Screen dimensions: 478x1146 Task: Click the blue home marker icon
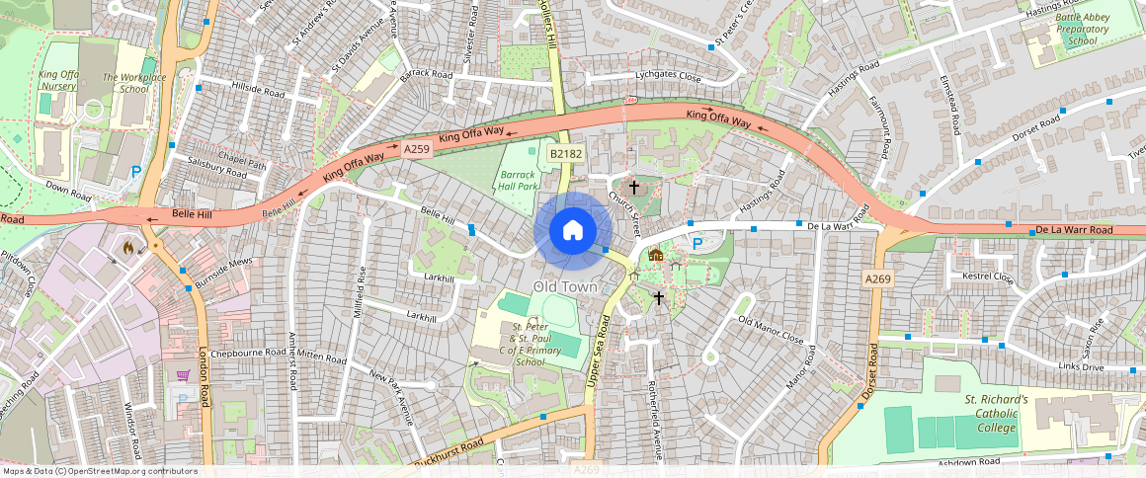572,230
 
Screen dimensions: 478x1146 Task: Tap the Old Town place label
566,286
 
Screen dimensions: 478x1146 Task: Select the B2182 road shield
567,154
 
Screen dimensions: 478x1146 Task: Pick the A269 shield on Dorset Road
877,279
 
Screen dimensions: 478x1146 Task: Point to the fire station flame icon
127,247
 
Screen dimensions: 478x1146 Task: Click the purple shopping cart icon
183,375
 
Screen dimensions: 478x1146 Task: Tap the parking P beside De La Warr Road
697,244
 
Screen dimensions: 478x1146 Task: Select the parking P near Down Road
136,171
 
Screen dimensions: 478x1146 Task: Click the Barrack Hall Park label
518,178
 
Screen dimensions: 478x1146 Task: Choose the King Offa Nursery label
58,80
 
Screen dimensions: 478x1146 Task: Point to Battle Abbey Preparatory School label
1082,30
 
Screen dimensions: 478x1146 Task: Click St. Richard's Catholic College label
996,414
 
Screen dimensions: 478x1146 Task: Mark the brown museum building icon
655,255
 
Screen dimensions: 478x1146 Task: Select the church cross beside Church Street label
633,186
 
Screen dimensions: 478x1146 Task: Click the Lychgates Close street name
668,77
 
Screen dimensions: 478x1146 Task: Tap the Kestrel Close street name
988,278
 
